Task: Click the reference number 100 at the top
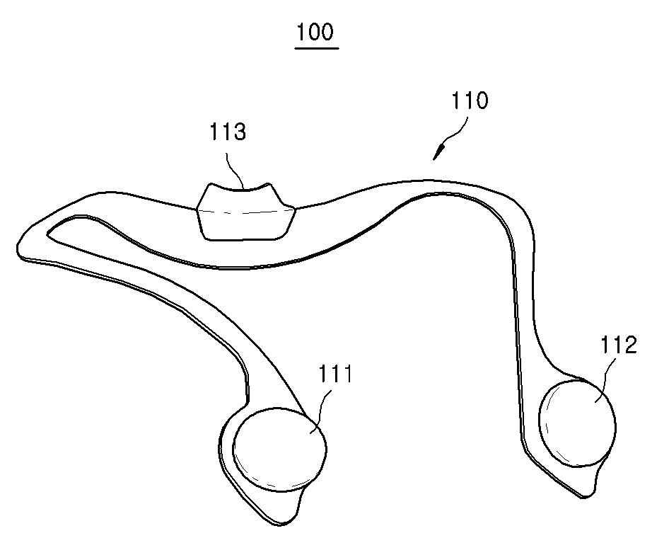click(316, 33)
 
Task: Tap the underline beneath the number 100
click(316, 49)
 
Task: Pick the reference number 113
click(228, 132)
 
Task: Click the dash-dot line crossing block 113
click(244, 212)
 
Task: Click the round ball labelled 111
click(280, 449)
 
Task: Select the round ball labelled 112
click(576, 423)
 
